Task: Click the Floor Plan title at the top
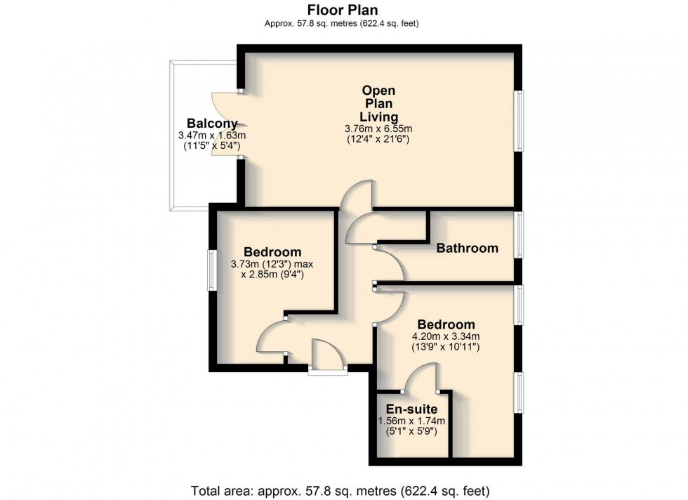click(343, 10)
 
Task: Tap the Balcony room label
click(212, 123)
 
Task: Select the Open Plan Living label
click(378, 104)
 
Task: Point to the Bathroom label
click(468, 248)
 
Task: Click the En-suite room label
click(411, 409)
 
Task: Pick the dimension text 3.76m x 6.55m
click(378, 129)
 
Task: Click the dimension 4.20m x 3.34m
click(446, 336)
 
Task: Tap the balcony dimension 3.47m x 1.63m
click(212, 136)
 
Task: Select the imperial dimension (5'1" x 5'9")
click(411, 431)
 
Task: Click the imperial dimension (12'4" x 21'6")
click(378, 140)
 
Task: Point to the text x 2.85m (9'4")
click(272, 275)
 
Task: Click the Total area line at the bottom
click(340, 490)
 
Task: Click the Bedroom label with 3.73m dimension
click(272, 252)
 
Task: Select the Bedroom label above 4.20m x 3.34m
click(446, 324)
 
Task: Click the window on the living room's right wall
click(519, 121)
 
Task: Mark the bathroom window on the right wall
click(519, 235)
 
